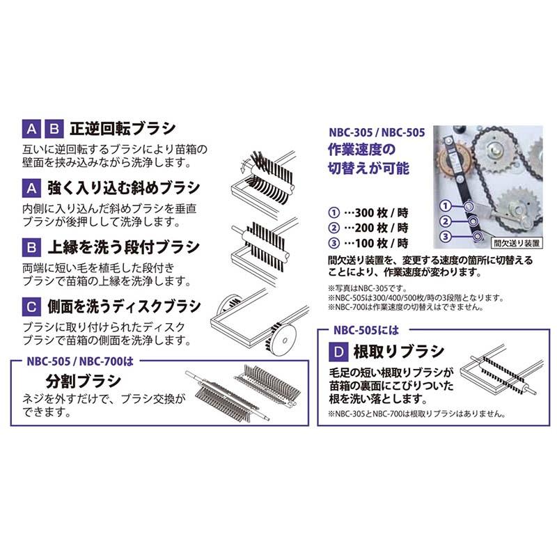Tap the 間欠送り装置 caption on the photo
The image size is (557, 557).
tap(516, 244)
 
